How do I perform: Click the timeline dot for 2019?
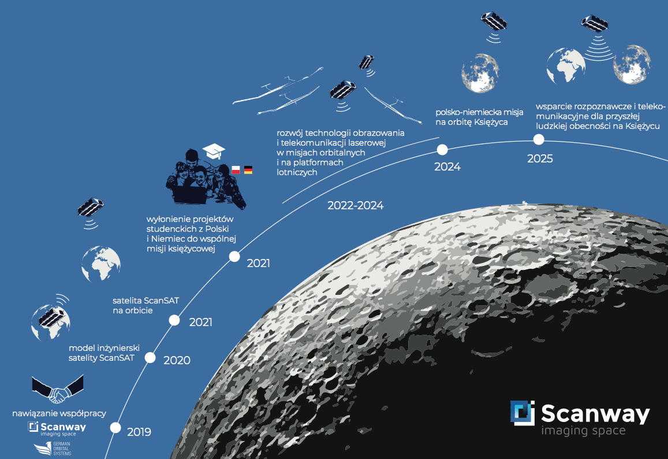115,427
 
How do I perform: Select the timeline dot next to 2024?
442,150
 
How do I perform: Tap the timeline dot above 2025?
539,139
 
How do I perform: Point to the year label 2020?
177,361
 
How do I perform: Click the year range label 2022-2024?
355,206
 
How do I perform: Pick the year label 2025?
540,159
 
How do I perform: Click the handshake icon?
58,389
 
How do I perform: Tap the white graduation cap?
214,151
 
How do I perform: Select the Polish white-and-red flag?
236,170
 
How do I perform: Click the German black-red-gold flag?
248,170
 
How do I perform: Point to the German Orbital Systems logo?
53,449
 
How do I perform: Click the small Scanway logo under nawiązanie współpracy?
57,428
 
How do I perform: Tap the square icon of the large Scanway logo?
523,413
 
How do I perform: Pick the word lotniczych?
297,172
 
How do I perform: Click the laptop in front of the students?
189,195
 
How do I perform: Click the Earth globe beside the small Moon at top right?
566,66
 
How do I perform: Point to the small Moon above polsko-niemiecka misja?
480,73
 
